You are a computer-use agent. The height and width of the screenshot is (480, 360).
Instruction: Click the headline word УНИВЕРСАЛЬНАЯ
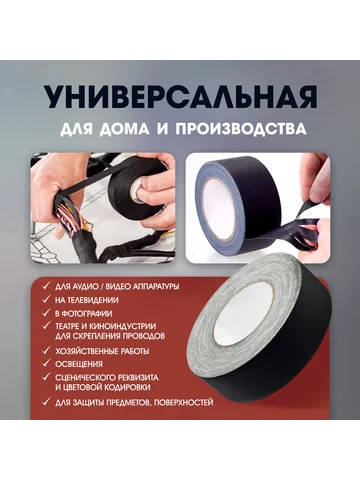coord(181,98)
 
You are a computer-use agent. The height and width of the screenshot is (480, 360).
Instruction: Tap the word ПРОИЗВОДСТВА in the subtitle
coord(241,128)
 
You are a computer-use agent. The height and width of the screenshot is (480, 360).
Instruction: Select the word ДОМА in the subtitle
coord(125,129)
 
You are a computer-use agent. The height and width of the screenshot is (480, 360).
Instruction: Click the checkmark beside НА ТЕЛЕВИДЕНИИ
coord(46,300)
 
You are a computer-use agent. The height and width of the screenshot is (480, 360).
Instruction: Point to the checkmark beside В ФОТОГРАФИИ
coord(46,313)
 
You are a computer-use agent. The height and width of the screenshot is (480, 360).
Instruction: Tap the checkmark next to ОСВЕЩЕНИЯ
coord(46,363)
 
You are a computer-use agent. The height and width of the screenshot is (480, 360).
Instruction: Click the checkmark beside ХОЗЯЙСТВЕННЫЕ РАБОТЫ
coord(46,351)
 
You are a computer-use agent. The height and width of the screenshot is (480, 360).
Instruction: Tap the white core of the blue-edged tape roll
coord(219,210)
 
